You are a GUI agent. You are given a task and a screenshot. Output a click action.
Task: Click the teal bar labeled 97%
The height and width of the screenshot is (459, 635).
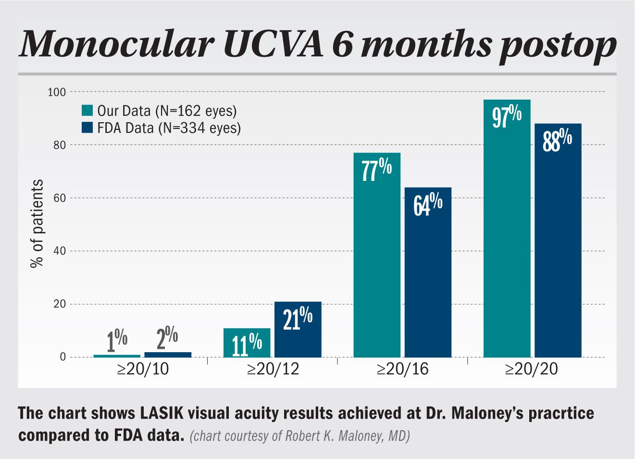click(x=507, y=231)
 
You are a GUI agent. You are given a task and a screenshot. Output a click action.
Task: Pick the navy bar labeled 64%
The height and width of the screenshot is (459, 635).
click(x=428, y=274)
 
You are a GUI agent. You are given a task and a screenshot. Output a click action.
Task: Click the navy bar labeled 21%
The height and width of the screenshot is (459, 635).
click(x=298, y=332)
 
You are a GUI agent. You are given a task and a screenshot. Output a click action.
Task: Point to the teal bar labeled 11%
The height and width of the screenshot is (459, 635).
click(x=247, y=344)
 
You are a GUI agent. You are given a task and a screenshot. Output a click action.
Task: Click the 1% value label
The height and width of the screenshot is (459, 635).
click(x=117, y=340)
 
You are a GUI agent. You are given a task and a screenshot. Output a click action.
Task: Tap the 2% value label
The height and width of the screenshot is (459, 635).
click(x=167, y=338)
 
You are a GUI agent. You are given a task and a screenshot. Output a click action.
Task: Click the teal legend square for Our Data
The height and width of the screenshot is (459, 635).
click(x=87, y=110)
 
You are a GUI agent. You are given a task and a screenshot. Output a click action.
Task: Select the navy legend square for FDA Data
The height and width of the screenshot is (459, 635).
click(x=87, y=127)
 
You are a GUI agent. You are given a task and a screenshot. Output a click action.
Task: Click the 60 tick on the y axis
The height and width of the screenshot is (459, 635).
click(x=59, y=198)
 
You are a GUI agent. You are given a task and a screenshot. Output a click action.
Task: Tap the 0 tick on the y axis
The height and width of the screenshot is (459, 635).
click(x=62, y=357)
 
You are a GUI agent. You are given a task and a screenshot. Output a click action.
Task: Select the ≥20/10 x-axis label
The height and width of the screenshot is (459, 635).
click(x=143, y=369)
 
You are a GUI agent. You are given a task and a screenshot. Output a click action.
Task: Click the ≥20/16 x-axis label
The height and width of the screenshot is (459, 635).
click(x=402, y=369)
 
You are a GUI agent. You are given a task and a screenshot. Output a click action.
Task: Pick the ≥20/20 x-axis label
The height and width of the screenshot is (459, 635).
click(x=532, y=369)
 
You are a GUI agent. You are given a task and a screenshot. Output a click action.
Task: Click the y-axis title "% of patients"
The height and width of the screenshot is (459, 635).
click(x=37, y=223)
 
